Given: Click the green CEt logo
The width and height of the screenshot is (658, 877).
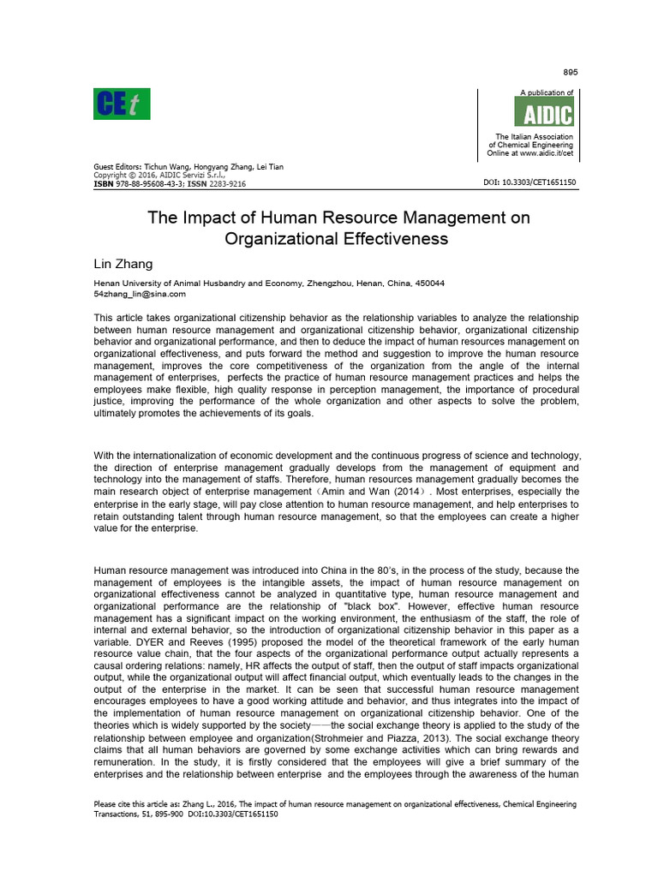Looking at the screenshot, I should click(122, 105).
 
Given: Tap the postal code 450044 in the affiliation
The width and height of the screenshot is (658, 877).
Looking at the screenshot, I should click(431, 283).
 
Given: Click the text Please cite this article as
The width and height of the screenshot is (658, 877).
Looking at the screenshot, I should click(137, 804).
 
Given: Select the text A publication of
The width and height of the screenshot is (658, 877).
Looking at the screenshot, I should click(547, 92).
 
